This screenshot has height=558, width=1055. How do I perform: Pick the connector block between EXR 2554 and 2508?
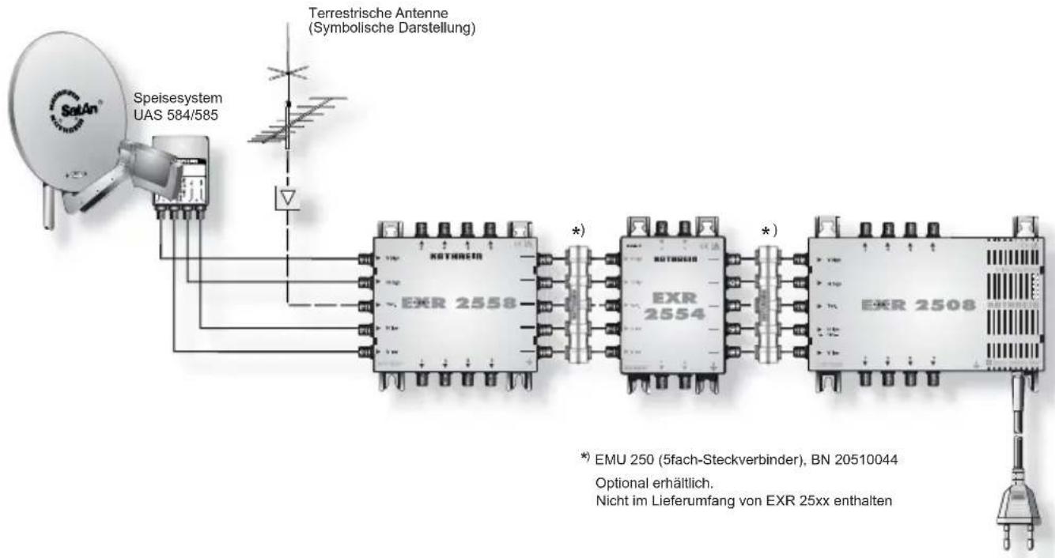[766, 305]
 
